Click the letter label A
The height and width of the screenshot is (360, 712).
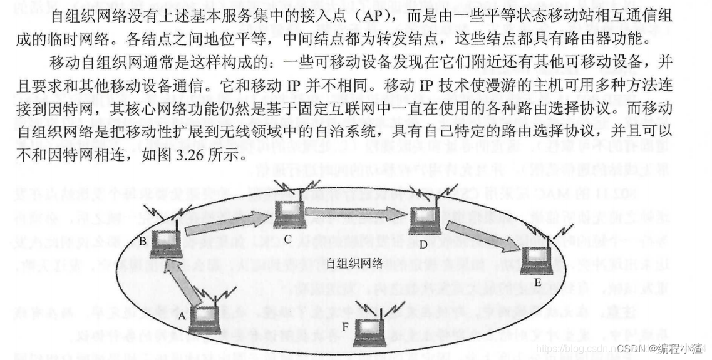coord(182,317)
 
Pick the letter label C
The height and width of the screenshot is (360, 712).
coord(288,239)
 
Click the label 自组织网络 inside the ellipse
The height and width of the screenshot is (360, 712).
coord(354,264)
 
